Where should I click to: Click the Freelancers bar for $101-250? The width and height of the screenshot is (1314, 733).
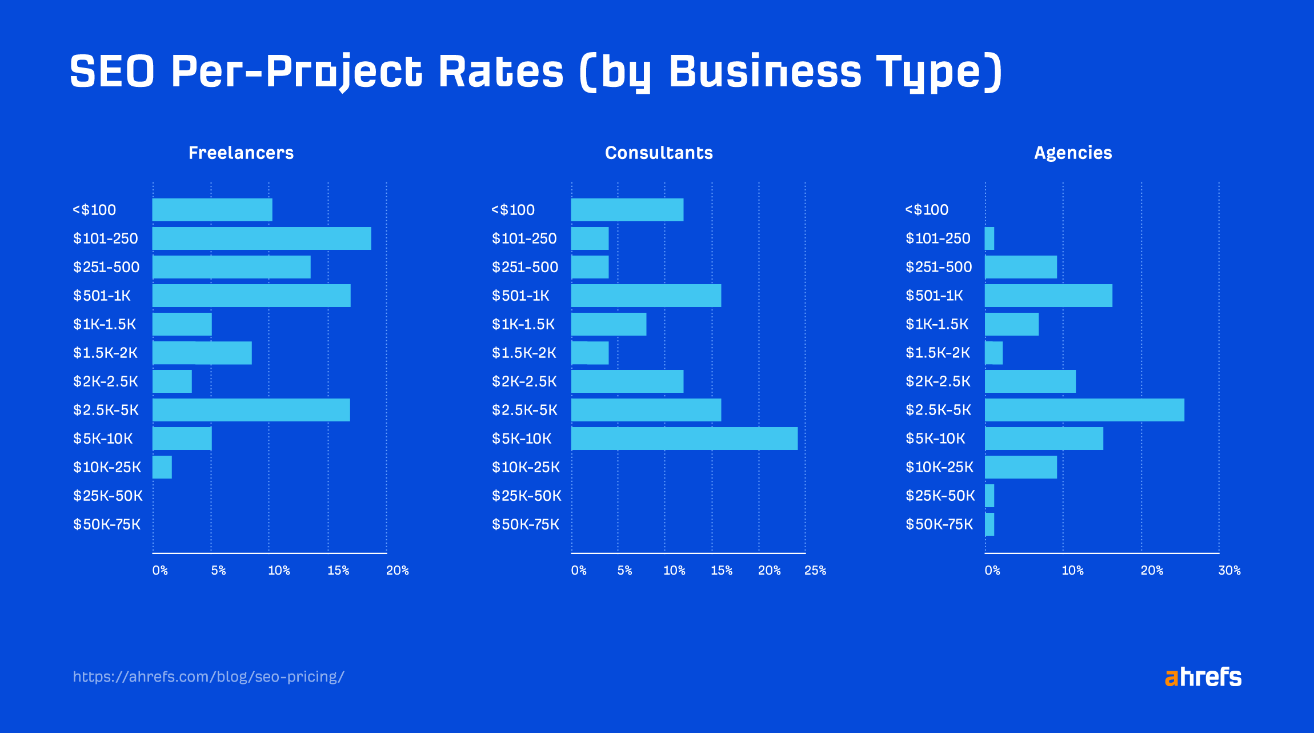262,238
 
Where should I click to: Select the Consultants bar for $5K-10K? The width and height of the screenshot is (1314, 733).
684,439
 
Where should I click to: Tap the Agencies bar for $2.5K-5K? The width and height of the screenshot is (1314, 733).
1084,410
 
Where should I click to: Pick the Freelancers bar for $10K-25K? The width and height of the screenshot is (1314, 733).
162,467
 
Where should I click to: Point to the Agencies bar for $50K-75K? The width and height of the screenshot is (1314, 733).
989,524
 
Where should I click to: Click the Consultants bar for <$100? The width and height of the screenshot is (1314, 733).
627,210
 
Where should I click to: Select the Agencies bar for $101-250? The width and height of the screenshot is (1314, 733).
989,238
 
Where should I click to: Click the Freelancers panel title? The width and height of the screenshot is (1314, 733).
241,153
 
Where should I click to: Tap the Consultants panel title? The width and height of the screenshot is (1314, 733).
659,153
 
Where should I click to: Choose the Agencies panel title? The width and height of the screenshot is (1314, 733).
1073,153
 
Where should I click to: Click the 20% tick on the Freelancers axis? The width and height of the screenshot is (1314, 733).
397,570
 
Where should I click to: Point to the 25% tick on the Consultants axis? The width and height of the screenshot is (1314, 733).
815,570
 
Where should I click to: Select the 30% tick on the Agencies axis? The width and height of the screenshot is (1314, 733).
1229,570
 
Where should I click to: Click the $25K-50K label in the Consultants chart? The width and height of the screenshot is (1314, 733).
526,496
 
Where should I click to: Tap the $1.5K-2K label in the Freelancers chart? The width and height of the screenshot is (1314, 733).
105,353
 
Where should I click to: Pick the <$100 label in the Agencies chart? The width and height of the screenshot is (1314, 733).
926,210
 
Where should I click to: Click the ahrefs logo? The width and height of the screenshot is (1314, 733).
1203,677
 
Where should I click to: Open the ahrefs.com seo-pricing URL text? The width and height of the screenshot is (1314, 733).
209,677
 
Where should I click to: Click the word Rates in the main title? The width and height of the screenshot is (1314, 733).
500,72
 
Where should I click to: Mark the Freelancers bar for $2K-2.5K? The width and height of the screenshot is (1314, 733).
172,381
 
